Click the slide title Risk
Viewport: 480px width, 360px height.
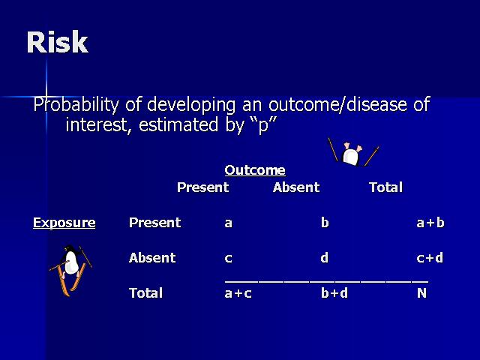(58, 42)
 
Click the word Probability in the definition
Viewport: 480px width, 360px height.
(76, 106)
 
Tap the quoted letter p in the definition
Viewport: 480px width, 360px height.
(263, 125)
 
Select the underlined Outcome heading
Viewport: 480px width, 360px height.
(255, 170)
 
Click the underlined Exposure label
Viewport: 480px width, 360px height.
(64, 223)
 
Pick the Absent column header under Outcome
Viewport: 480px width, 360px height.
(296, 187)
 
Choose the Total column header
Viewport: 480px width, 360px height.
(385, 187)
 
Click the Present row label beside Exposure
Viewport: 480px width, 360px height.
(155, 223)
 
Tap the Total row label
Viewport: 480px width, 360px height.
(145, 293)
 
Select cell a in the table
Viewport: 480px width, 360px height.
(228, 223)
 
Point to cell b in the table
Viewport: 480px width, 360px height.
(325, 222)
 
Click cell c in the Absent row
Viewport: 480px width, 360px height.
(228, 258)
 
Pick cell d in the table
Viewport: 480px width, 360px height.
(325, 257)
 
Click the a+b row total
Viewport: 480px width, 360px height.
(430, 223)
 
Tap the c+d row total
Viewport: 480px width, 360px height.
(430, 258)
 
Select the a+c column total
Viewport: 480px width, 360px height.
(238, 293)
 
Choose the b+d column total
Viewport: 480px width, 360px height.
(334, 293)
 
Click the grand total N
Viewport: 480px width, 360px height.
(421, 293)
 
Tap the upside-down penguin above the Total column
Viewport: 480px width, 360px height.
(353, 152)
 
